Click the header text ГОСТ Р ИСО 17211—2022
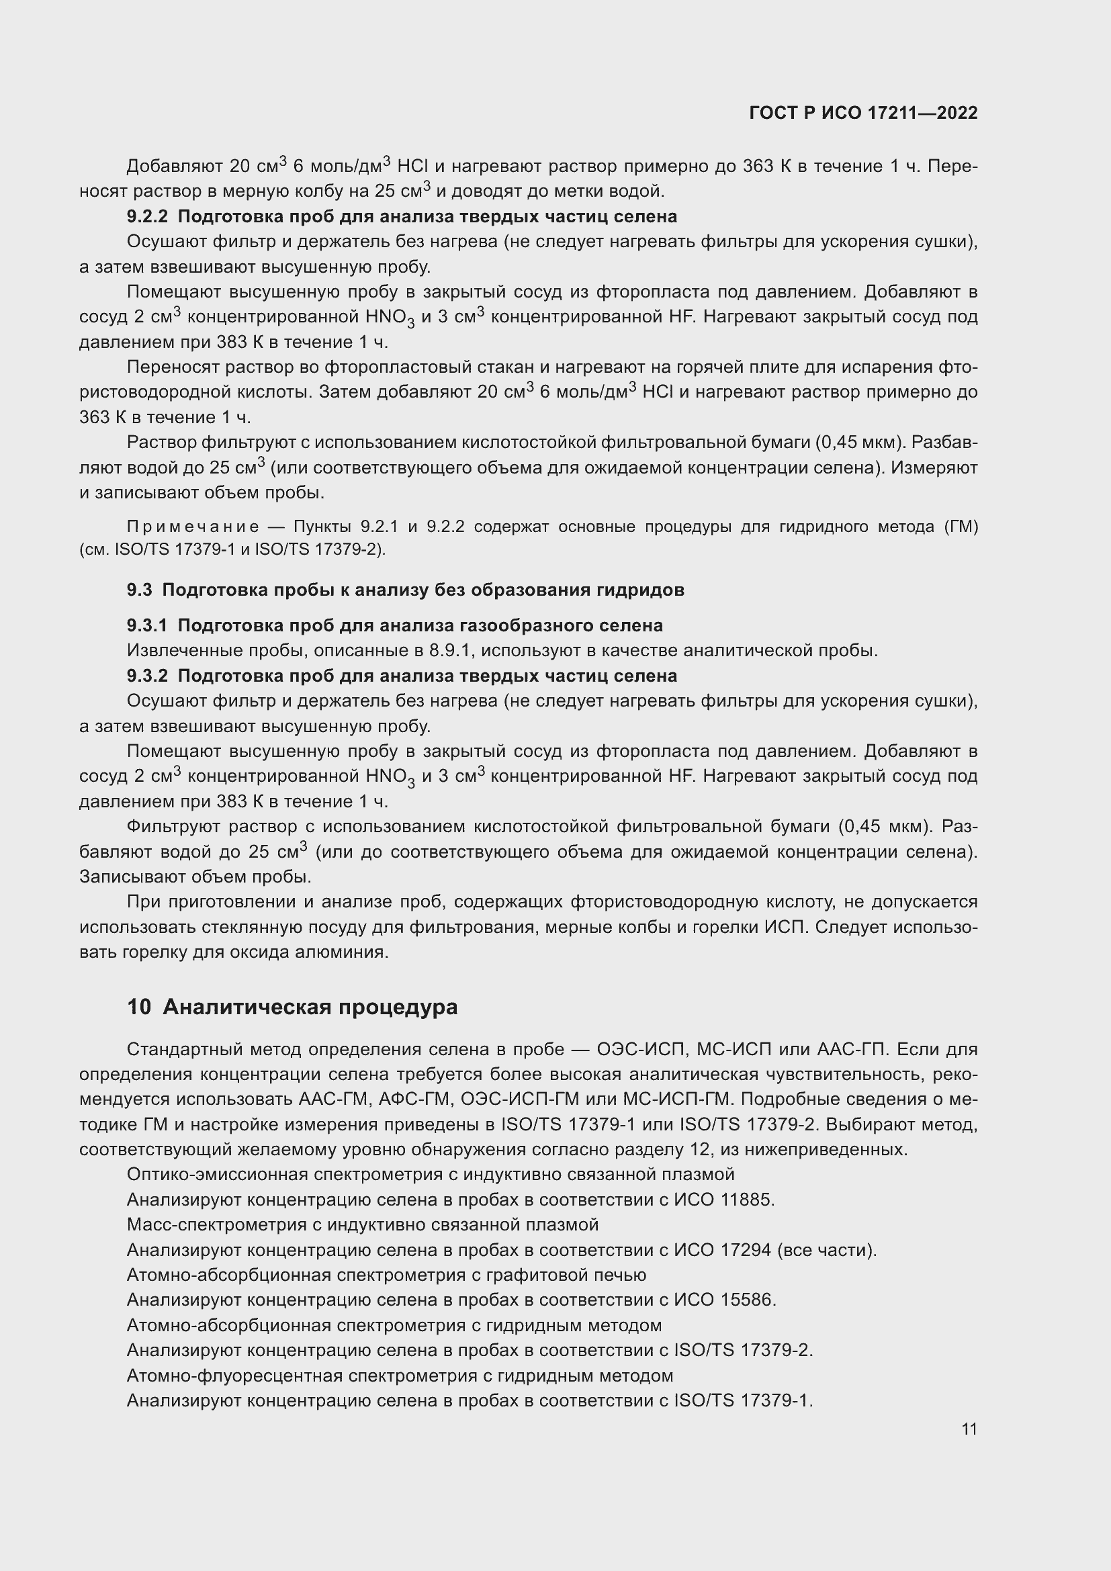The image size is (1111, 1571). (862, 114)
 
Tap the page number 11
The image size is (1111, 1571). (969, 1429)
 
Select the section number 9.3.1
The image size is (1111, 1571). (146, 625)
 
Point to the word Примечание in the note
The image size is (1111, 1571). (193, 527)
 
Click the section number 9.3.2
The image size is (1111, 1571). (146, 676)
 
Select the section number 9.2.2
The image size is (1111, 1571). (146, 217)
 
